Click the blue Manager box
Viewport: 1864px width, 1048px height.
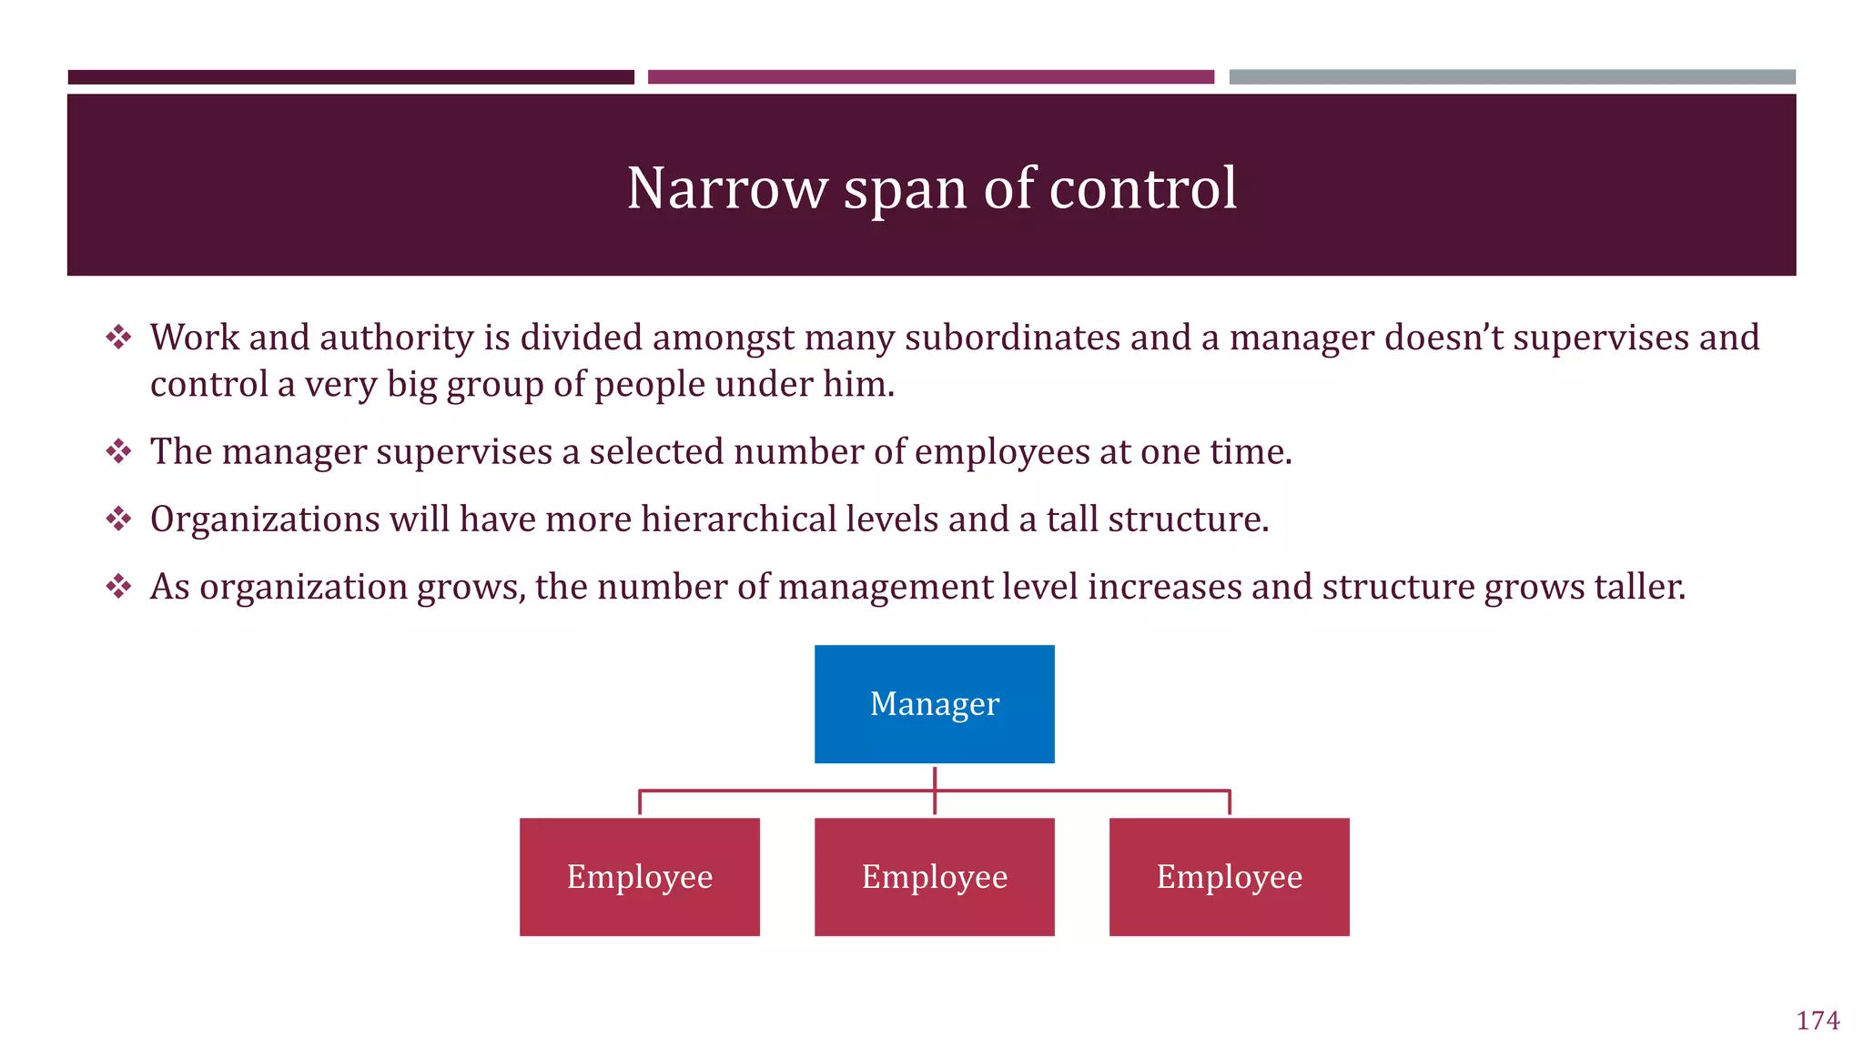pos(934,703)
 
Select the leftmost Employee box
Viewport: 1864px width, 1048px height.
pos(639,876)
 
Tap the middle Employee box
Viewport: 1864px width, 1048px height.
pos(934,876)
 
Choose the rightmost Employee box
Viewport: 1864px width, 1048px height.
pos(1229,876)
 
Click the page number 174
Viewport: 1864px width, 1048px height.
pos(1817,1021)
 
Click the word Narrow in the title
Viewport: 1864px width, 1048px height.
pos(726,188)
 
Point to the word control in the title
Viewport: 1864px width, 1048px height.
pos(1142,188)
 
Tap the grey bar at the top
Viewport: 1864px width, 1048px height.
pos(1511,77)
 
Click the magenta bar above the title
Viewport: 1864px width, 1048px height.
pos(930,77)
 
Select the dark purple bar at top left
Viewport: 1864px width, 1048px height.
pos(350,77)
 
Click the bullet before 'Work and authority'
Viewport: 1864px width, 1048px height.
pos(118,338)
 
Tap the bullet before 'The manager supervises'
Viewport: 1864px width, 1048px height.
pos(118,451)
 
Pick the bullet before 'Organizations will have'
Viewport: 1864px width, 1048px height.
pos(118,519)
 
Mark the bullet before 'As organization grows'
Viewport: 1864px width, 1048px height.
pos(118,587)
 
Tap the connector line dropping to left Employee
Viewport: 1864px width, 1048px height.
pos(640,802)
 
